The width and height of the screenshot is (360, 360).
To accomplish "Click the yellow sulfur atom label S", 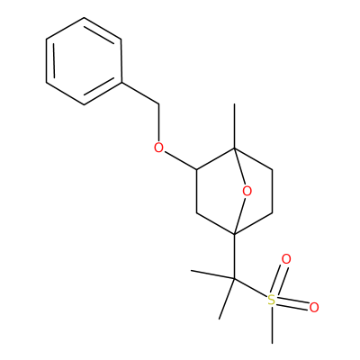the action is tap(271, 300).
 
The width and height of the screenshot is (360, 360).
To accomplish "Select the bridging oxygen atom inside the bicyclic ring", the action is tap(247, 191).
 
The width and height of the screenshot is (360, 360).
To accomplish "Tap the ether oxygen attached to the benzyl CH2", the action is tap(158, 148).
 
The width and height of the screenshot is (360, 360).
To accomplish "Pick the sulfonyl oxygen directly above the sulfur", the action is tap(286, 259).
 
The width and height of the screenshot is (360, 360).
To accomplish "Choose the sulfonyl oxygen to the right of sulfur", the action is tap(314, 308).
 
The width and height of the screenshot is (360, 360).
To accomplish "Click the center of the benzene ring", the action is tap(84, 61).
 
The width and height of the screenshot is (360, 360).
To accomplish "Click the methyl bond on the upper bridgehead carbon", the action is tap(235, 126).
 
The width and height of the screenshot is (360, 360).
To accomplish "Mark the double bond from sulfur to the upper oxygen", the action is tap(280, 280).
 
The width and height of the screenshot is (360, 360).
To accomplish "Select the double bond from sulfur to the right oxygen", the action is tap(292, 303).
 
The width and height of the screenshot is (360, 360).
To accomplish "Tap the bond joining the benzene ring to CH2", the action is tap(140, 94).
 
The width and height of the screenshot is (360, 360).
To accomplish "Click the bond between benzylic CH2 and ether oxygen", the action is tap(159, 122).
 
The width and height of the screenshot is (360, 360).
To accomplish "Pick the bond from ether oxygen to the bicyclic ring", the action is tap(181, 161).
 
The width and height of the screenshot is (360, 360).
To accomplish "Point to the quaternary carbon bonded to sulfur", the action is tap(234, 279).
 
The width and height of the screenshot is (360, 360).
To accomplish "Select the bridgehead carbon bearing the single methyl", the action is tap(235, 148).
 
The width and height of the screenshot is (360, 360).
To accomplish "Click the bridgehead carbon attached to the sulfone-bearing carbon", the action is tap(235, 234).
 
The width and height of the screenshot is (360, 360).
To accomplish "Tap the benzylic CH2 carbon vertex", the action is tap(159, 104).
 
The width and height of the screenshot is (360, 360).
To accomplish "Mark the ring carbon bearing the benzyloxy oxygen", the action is tap(196, 170).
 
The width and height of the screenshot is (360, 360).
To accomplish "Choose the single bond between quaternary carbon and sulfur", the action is tap(251, 288).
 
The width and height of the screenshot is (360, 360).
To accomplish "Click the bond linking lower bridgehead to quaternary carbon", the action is tap(235, 256).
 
